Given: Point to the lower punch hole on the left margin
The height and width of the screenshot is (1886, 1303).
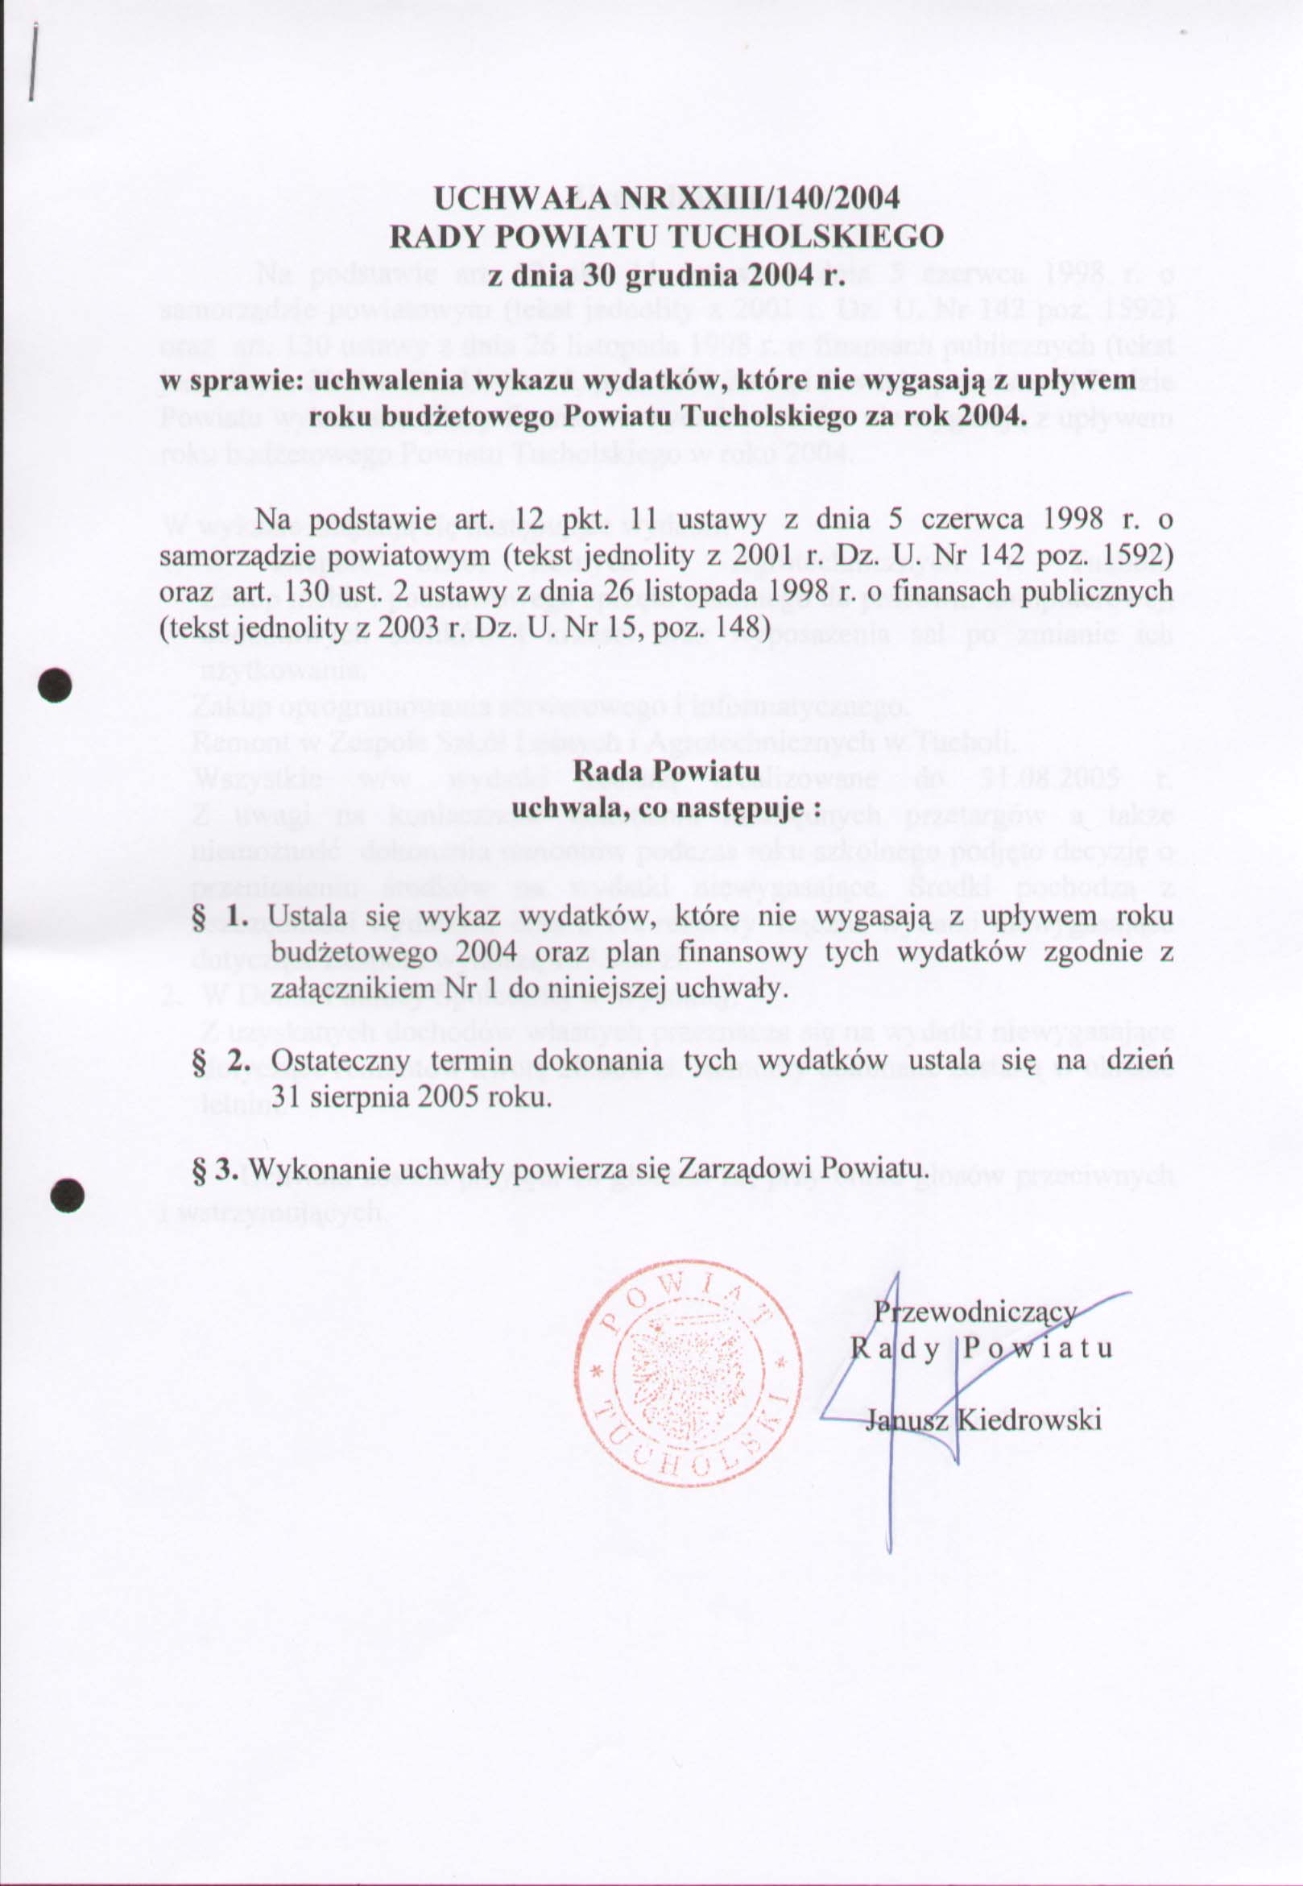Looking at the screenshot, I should (66, 1195).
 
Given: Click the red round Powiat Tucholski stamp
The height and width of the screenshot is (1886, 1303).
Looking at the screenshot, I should (685, 1373).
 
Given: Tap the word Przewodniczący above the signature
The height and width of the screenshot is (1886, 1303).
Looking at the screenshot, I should (975, 1311).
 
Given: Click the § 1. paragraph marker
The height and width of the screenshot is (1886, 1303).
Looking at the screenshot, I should (220, 917).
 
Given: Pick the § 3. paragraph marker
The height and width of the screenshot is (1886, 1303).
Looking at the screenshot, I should (214, 1169).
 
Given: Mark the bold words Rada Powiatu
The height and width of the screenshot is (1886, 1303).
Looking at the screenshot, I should (667, 770).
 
